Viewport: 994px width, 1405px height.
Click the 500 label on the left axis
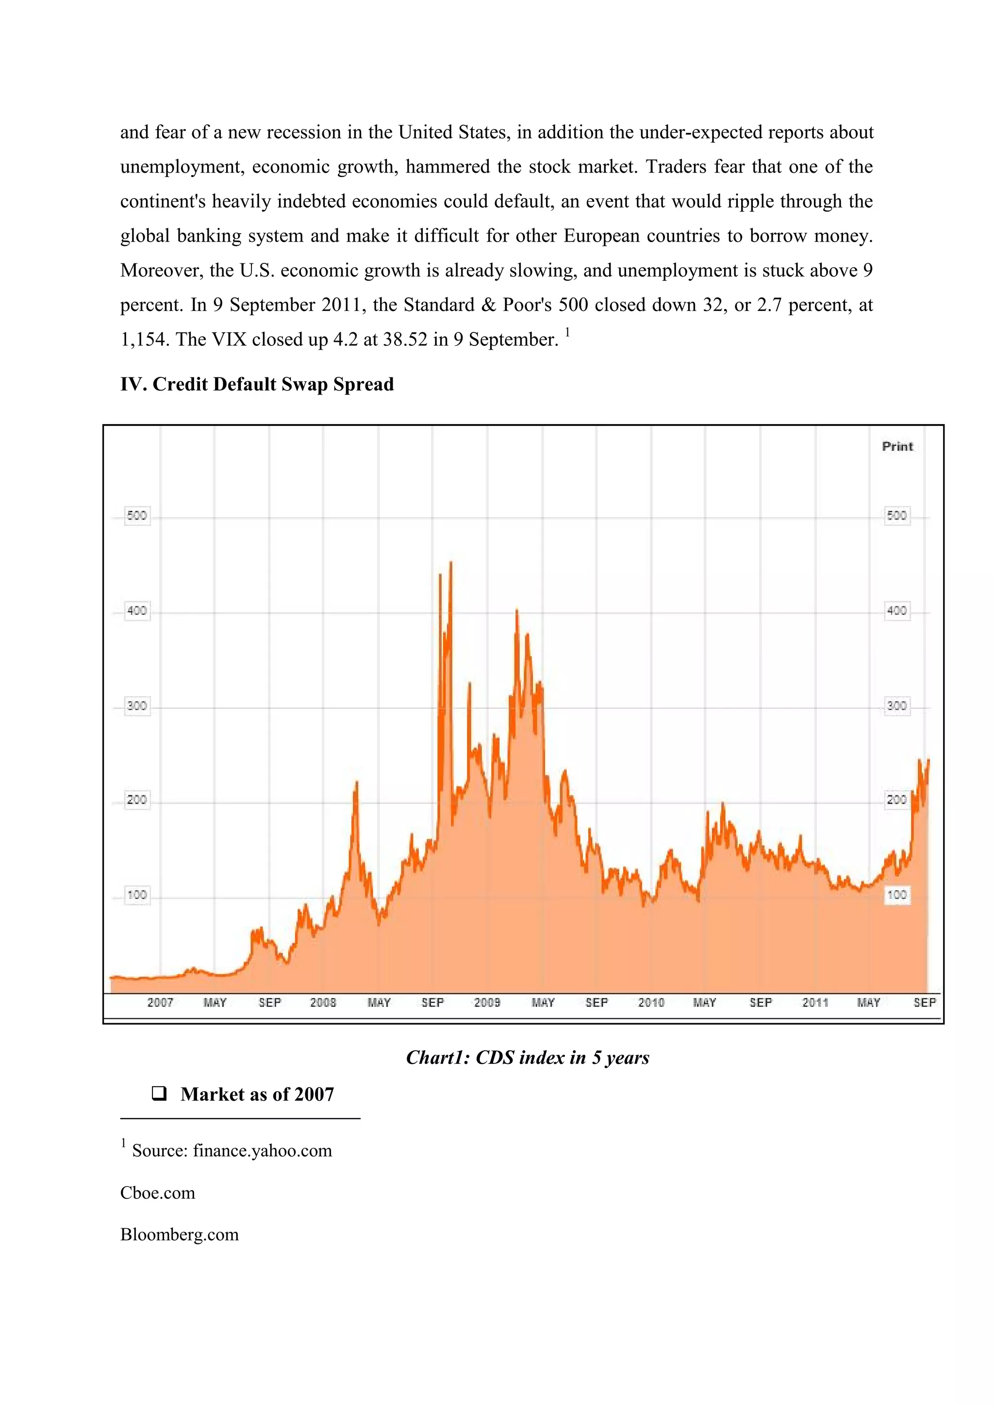coord(136,516)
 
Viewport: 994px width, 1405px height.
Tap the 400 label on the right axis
coord(896,611)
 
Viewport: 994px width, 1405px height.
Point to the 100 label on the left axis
coord(136,895)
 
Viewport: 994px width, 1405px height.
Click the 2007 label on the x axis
coord(160,1003)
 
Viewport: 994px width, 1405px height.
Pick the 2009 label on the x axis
coord(487,1003)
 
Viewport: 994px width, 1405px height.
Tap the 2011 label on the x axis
coord(815,1003)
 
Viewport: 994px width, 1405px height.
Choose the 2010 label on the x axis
coord(651,1003)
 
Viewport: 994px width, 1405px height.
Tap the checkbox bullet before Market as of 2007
coord(159,1094)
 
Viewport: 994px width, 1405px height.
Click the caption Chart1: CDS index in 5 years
coord(528,1058)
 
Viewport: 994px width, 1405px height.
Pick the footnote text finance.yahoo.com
coord(263,1150)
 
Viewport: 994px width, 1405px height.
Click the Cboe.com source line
coord(158,1193)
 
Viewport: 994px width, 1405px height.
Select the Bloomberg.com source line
coord(179,1234)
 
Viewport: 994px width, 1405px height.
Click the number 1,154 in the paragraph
coord(142,340)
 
